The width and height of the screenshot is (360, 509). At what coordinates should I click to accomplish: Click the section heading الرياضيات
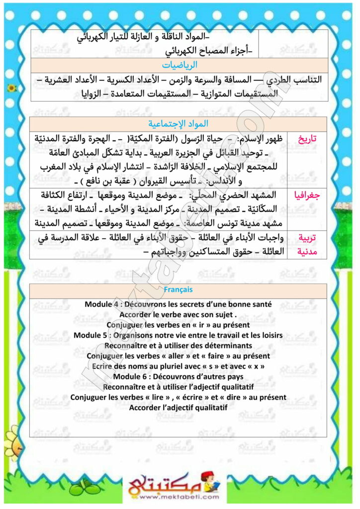coord(180,65)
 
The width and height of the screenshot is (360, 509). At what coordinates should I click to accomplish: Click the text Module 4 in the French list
coord(101,304)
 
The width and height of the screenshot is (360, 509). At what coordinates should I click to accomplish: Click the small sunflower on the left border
coord(12,88)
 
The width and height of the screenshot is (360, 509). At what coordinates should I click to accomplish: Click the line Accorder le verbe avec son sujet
coord(178,314)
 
